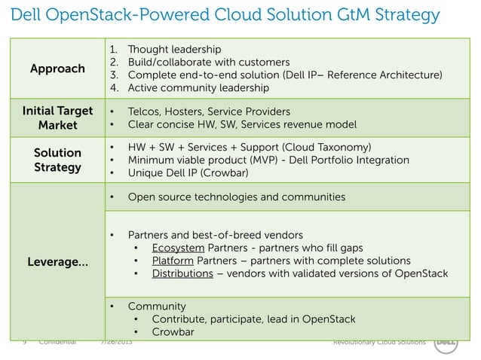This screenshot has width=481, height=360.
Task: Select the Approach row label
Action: [x=57, y=69]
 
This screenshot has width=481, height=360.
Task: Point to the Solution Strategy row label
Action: [x=57, y=160]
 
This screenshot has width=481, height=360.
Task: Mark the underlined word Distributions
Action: [x=182, y=273]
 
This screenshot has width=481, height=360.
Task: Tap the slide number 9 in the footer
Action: [x=25, y=342]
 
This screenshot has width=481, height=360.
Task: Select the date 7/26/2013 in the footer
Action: [x=118, y=342]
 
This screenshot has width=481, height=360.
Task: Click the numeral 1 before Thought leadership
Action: [x=113, y=47]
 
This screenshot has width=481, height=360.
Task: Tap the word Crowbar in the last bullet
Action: [x=173, y=332]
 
